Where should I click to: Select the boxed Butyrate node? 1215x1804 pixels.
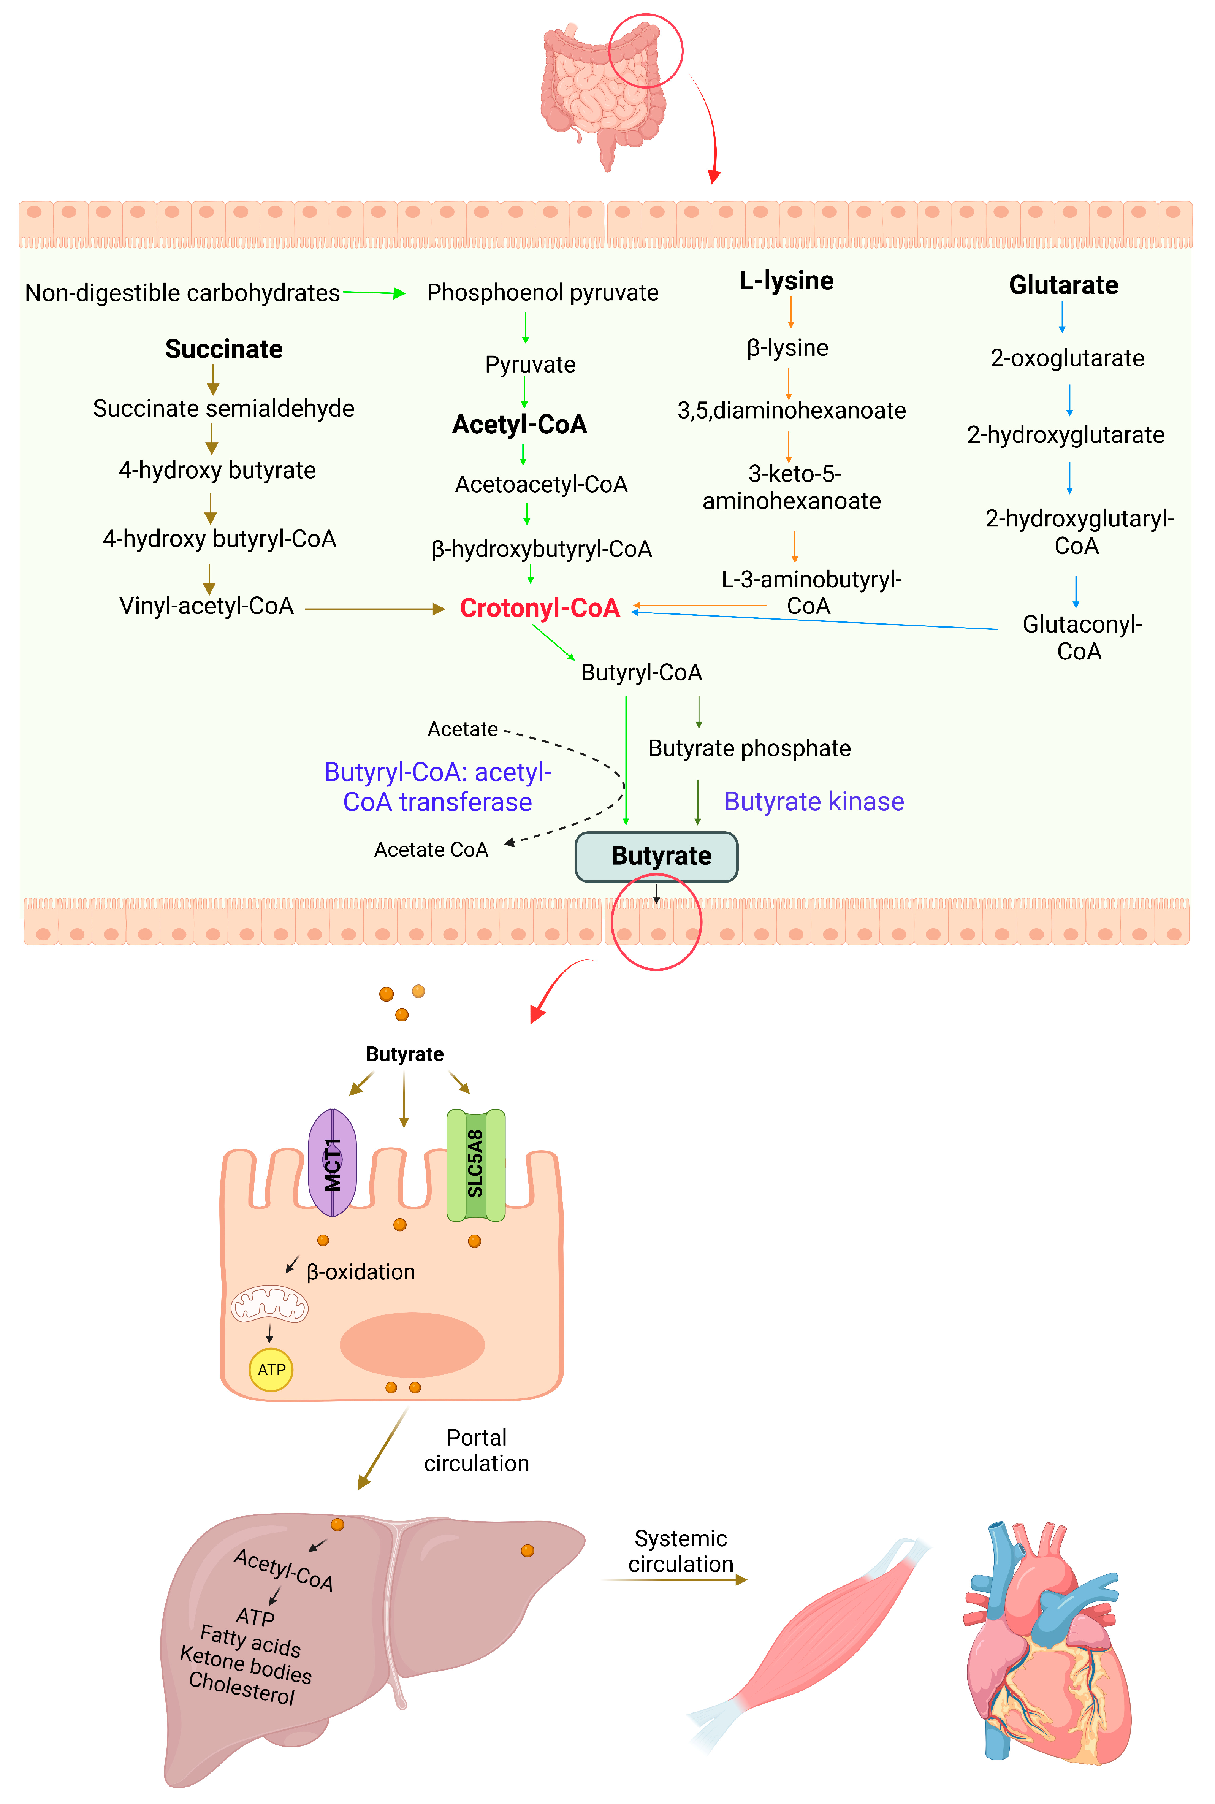[x=656, y=856]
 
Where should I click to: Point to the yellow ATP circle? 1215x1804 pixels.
[x=271, y=1369]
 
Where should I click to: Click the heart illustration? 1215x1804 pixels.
[x=1046, y=1643]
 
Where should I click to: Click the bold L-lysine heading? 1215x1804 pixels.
[x=786, y=281]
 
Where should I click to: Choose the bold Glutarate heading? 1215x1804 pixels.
[x=1063, y=285]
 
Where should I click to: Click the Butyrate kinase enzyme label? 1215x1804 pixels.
[x=814, y=801]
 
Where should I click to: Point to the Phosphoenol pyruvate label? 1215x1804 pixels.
[x=542, y=293]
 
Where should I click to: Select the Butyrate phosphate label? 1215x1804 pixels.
[x=749, y=748]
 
